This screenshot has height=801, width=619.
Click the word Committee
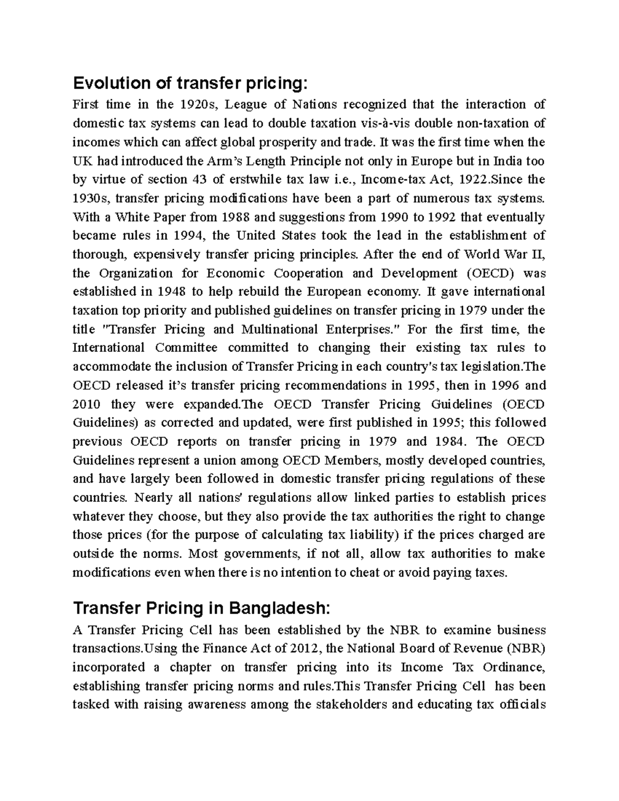click(186, 348)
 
